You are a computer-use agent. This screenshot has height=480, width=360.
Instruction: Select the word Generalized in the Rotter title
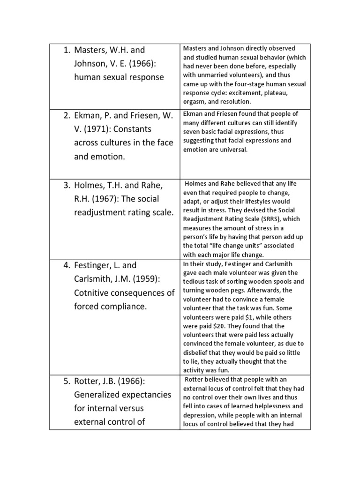click(x=98, y=394)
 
